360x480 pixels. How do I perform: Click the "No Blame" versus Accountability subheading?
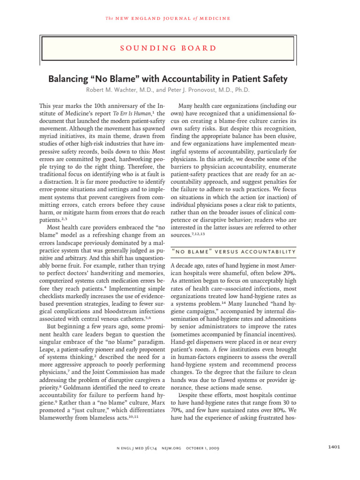(233, 252)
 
